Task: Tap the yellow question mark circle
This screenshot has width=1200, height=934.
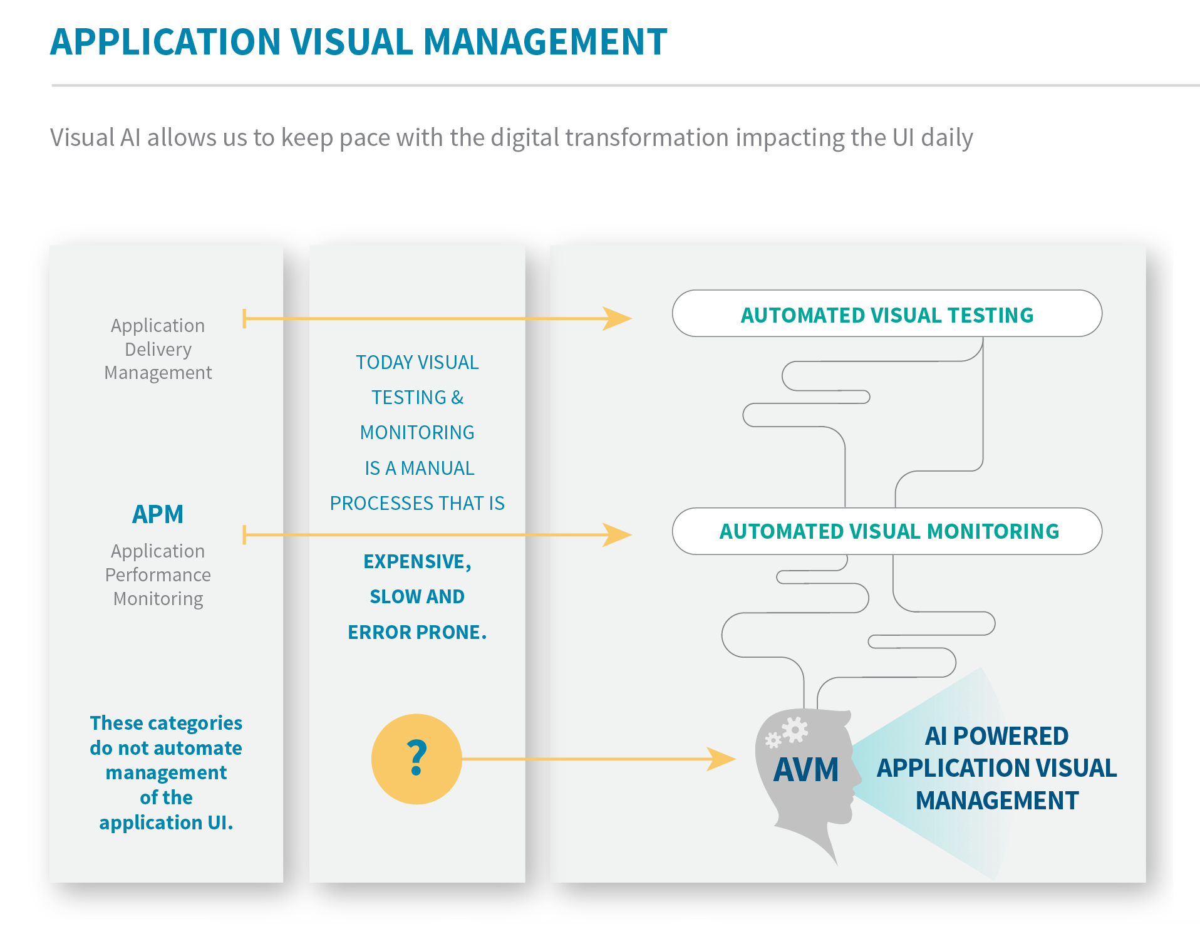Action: [416, 759]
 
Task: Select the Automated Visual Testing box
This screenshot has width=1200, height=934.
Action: [886, 314]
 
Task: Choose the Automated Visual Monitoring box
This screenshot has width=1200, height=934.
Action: [886, 531]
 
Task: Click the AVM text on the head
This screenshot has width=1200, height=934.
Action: [806, 770]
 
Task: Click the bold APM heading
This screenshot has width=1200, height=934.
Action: [158, 514]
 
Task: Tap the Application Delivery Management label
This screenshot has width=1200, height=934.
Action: [158, 349]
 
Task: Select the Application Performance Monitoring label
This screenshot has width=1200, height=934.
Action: [158, 574]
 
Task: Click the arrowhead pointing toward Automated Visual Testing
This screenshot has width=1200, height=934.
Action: [617, 318]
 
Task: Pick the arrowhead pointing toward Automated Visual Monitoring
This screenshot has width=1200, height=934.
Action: [617, 535]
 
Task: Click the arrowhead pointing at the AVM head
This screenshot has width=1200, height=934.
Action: [721, 759]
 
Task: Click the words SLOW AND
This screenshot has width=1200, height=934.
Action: [417, 597]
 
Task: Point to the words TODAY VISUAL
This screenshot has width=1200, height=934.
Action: [417, 363]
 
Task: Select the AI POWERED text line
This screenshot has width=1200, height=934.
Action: [996, 736]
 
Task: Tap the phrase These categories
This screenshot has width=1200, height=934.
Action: [166, 723]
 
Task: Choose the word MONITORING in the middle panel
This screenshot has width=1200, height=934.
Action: [417, 433]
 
